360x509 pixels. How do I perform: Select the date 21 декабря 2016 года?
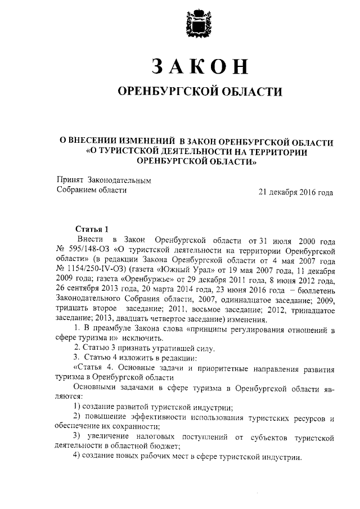296,191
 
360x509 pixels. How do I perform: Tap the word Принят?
70,179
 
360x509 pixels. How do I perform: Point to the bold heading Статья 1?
92,229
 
